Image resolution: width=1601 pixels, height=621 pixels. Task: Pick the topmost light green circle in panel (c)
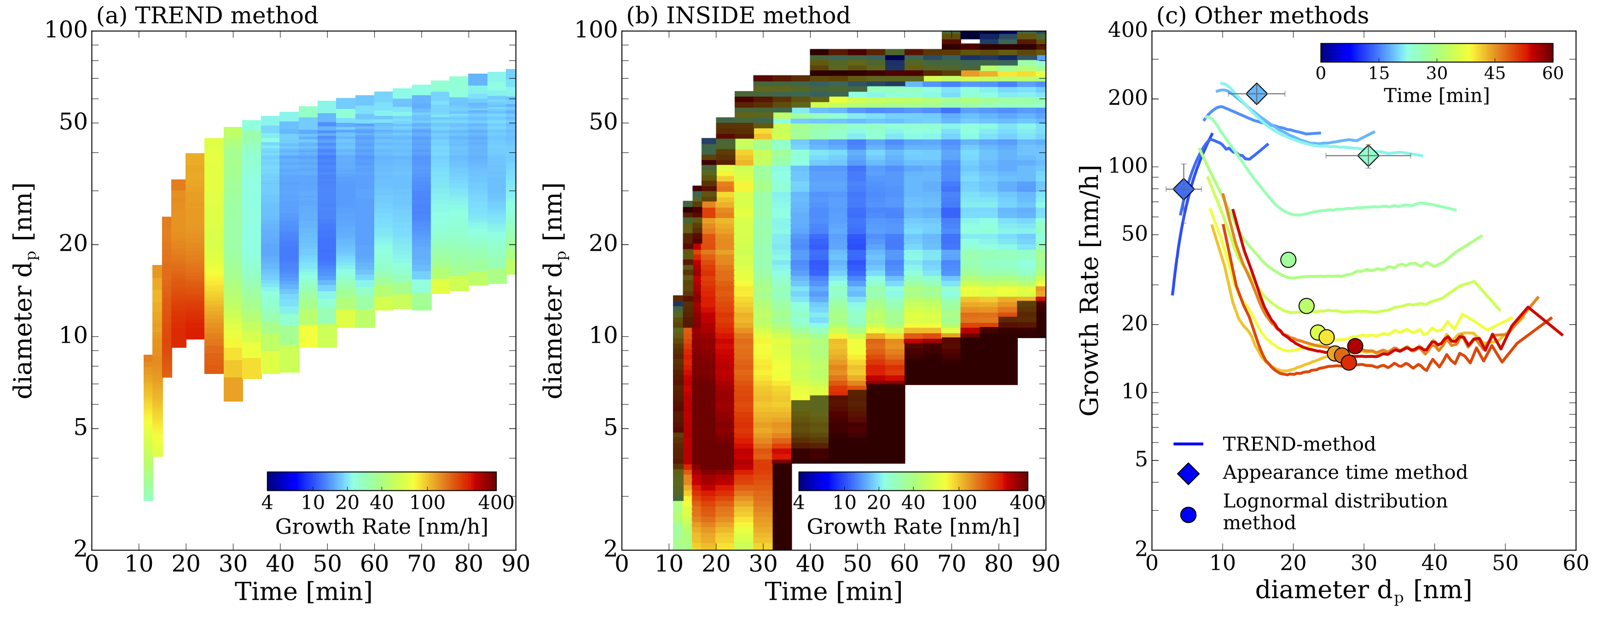point(1288,259)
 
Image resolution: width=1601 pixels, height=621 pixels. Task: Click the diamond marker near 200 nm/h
point(1256,94)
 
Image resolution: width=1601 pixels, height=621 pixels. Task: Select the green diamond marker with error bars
point(1368,155)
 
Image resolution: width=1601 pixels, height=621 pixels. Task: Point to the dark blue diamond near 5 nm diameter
point(1184,189)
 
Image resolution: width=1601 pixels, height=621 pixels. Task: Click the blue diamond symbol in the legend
point(1188,473)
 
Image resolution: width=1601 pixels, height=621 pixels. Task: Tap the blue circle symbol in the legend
point(1188,515)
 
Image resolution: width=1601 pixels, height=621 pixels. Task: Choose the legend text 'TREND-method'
point(1299,444)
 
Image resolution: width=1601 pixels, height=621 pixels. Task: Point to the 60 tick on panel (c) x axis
point(1576,563)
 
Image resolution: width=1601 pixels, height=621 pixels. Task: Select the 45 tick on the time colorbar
point(1494,73)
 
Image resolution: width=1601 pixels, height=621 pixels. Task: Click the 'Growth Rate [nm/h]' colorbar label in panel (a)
point(381,527)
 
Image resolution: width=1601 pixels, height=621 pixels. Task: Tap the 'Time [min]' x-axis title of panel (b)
point(833,591)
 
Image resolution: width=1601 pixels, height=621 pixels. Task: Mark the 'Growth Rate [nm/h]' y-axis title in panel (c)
point(1089,291)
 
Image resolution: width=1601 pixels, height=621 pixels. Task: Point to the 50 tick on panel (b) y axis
point(603,122)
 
